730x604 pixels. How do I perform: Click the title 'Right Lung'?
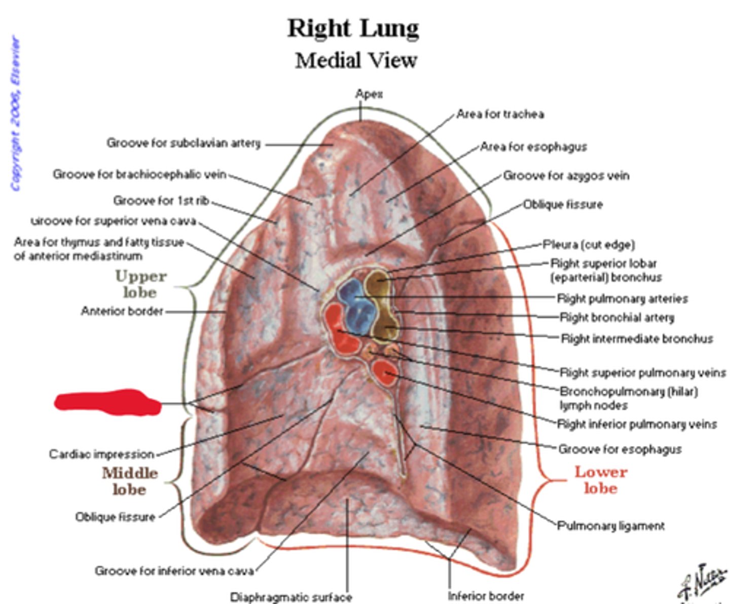[353, 28]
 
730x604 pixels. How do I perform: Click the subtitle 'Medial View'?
[356, 61]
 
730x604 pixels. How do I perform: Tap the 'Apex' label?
[369, 94]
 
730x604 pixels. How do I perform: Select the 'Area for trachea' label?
[500, 115]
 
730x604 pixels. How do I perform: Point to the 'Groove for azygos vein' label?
[566, 176]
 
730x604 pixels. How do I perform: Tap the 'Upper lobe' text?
[140, 284]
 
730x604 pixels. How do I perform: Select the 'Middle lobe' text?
[130, 481]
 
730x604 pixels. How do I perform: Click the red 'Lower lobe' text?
[601, 479]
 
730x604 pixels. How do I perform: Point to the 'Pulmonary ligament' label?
[611, 526]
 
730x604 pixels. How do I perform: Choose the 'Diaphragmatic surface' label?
[291, 597]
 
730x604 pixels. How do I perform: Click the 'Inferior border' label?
[486, 596]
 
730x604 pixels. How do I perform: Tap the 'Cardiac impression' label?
[101, 454]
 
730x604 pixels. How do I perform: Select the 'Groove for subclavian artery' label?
[183, 143]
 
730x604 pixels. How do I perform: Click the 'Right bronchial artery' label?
[617, 318]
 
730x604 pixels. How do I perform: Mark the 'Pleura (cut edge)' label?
[589, 245]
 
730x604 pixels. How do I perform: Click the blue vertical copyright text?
[16, 114]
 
